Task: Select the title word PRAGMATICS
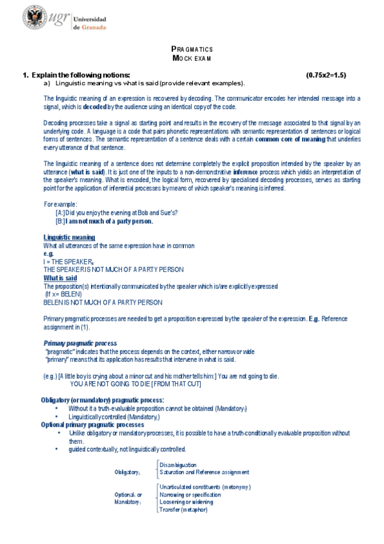tap(192, 49)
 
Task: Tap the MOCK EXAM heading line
tap(192, 58)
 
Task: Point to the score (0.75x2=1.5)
tap(326, 75)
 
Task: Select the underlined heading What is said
tap(60, 278)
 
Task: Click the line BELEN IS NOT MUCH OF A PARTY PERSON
tap(103, 302)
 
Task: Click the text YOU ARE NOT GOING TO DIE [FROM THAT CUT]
tap(135, 384)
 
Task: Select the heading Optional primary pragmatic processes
tap(92, 425)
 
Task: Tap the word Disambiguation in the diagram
tap(178, 464)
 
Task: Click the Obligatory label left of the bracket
tap(127, 473)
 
